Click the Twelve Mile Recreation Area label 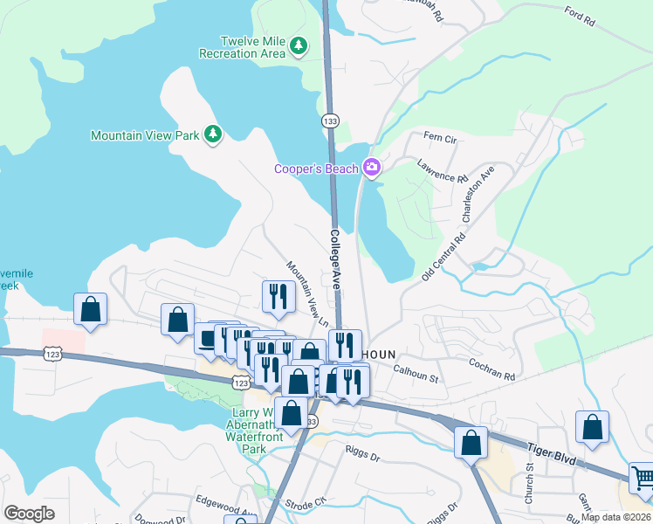pos(253,47)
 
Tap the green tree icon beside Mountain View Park pos(212,134)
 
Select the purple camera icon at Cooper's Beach pos(373,168)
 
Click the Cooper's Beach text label pos(316,169)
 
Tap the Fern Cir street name pos(439,138)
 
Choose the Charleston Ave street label pos(478,193)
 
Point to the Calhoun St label pos(414,377)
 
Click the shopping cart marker pos(642,477)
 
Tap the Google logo pos(29,514)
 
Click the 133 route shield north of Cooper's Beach pos(329,120)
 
